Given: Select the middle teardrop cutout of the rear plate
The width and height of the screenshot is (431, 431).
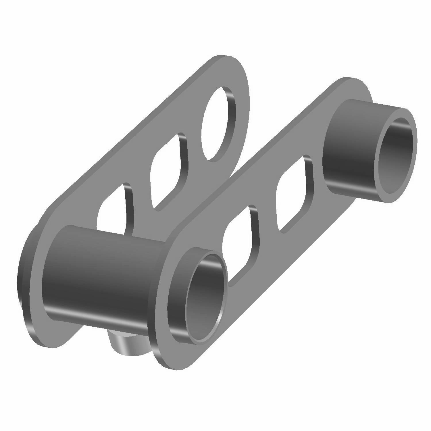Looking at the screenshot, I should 167,172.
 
